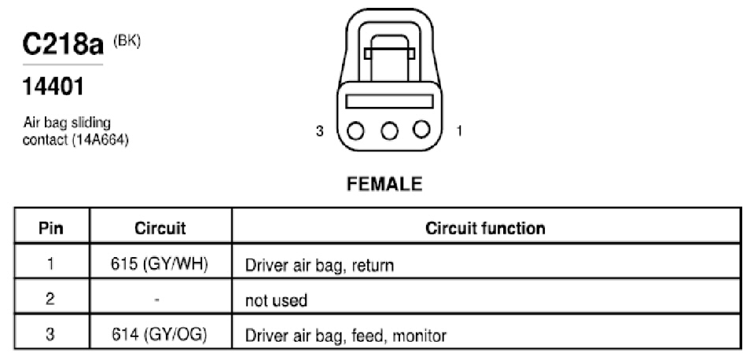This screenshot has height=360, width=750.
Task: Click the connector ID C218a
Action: click(63, 46)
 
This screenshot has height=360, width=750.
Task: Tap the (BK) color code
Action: click(127, 42)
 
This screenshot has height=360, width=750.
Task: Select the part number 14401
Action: click(53, 86)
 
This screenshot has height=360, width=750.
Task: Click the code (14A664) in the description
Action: click(100, 141)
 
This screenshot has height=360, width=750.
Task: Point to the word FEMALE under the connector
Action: click(384, 184)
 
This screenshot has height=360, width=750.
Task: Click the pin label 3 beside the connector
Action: click(319, 131)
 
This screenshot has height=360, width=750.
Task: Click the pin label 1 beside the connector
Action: click(459, 131)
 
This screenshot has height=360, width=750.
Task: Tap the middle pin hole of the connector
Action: click(390, 130)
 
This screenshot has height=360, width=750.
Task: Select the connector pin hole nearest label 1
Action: click(421, 129)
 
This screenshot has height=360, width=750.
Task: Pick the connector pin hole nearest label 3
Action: click(356, 131)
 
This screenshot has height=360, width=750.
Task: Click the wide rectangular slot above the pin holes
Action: click(389, 101)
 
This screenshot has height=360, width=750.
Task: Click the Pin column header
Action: click(51, 228)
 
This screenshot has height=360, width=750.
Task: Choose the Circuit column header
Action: click(160, 228)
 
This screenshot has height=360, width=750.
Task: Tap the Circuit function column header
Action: click(485, 228)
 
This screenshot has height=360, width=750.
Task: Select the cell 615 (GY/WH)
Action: click(160, 264)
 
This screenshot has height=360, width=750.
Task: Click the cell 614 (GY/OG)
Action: click(160, 335)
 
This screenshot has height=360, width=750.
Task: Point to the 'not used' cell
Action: click(276, 300)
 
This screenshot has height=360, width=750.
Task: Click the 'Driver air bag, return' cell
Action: click(319, 264)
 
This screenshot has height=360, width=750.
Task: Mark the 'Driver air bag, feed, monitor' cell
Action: click(345, 335)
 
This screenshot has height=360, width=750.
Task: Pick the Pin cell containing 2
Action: click(51, 299)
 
